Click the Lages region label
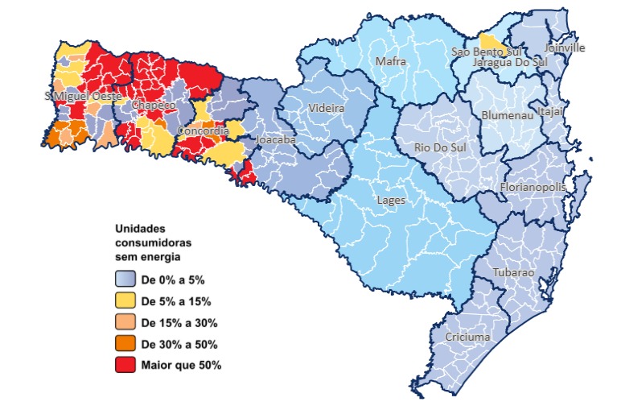tap(391, 200)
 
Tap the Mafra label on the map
tap(392, 62)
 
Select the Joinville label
tap(565, 48)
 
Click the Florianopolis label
tap(533, 187)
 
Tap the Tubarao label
tap(512, 273)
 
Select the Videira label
tap(326, 108)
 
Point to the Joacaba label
tap(275, 140)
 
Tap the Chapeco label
tap(153, 106)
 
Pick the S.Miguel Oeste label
tap(84, 97)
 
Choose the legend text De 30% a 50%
tap(179, 344)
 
